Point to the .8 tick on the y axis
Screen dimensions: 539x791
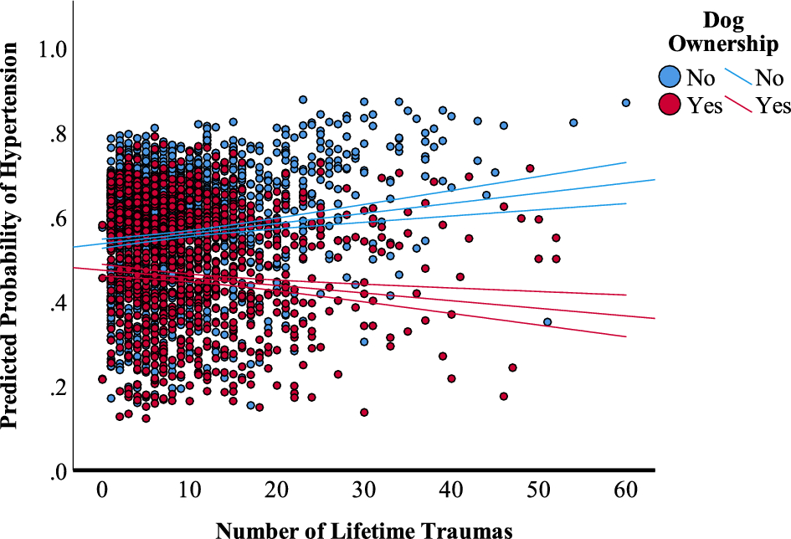tap(57, 135)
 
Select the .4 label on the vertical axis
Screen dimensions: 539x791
tap(57, 304)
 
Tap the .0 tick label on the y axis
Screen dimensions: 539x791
tap(57, 473)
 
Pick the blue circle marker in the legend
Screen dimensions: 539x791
tap(670, 78)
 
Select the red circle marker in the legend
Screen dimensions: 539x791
tap(670, 105)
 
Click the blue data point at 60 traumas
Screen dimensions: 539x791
tap(625, 103)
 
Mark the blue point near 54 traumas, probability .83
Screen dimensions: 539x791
tap(573, 122)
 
